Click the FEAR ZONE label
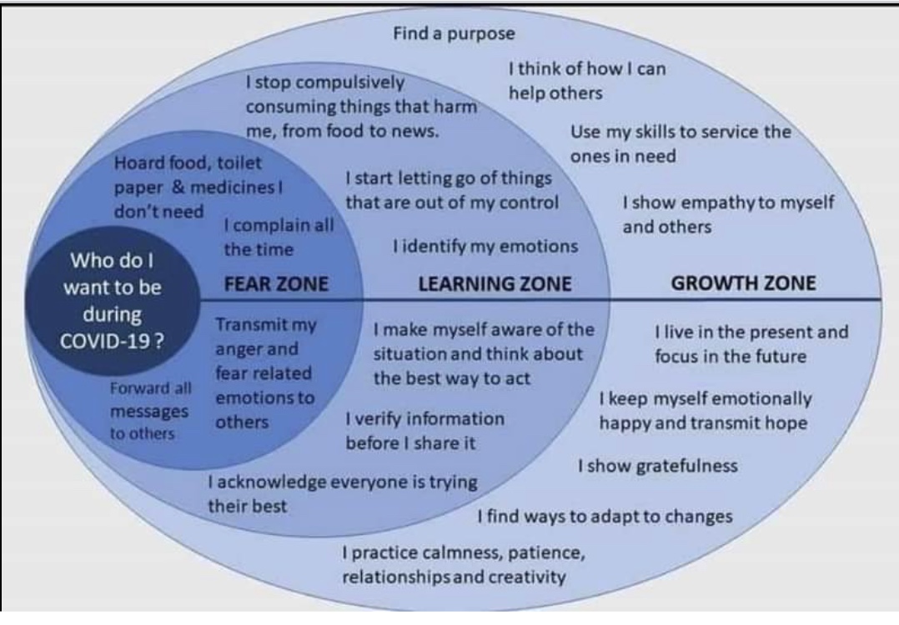276,283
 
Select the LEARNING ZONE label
495,283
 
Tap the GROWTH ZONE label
744,283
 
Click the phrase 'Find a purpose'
454,34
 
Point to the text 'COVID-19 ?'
113,342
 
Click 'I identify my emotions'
485,247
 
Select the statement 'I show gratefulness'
658,466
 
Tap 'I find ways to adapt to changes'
605,516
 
